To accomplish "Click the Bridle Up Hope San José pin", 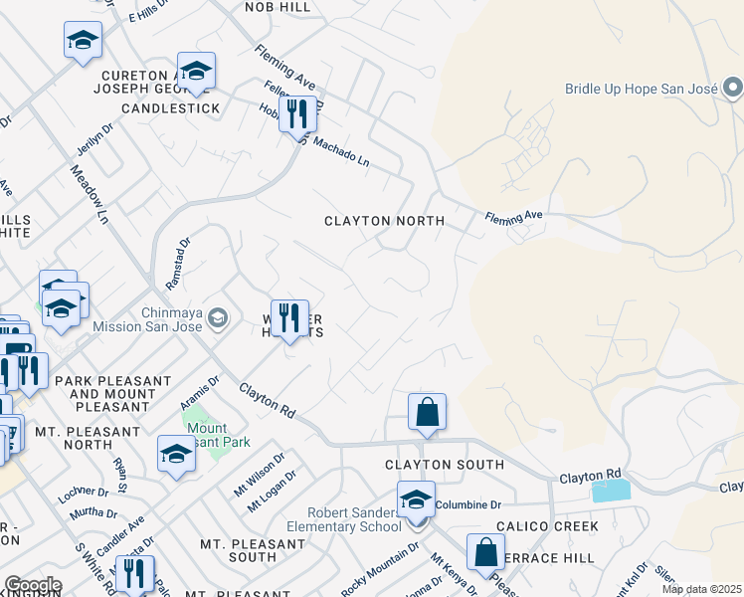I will (x=733, y=90).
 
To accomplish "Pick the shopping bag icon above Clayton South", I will (x=427, y=412).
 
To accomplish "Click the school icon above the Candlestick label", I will (x=196, y=72).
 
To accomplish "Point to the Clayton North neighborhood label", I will (x=384, y=221).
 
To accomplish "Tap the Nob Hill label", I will (x=278, y=7).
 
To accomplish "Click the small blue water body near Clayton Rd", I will (x=611, y=491).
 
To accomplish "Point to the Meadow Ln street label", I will (x=90, y=193).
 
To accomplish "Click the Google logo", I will (x=33, y=585).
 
